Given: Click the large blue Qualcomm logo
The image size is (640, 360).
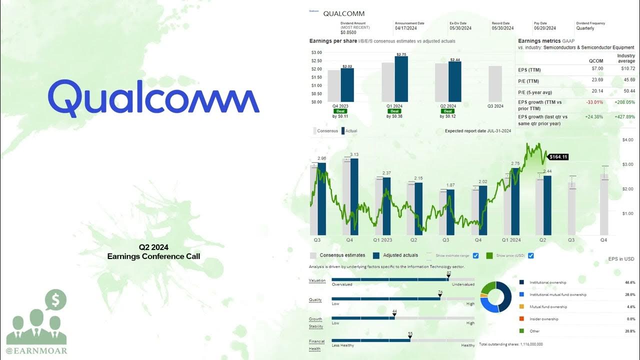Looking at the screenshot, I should pos(153,97).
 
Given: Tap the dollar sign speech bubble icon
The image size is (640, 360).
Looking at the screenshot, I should pos(55,300).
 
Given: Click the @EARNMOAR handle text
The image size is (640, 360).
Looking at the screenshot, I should pos(36,350).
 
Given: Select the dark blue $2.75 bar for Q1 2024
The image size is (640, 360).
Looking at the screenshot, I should pos(401,79).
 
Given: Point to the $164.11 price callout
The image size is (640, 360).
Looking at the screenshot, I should pos(558,157).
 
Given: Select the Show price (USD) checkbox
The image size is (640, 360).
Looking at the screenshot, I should pos(530,255).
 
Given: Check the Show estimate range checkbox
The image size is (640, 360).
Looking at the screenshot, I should pos(475,255).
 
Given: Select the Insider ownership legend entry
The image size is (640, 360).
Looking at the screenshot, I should pos(544,319).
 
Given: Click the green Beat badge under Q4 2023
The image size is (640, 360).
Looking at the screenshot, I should pos(341,111).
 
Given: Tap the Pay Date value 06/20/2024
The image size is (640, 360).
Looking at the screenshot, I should pos(544,28).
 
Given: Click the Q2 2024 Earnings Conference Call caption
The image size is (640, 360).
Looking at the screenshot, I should pos(153,252).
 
